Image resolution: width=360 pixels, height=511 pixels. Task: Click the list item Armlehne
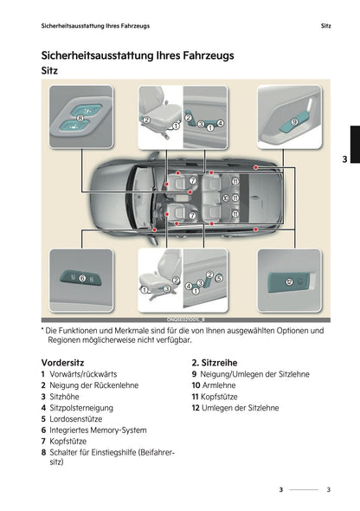point(218,384)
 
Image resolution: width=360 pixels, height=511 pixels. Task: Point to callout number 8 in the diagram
point(80,116)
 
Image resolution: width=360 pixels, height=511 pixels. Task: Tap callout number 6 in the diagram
point(81,279)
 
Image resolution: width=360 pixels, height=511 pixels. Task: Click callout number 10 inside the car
point(226,197)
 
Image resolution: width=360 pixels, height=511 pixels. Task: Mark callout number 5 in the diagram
point(217,277)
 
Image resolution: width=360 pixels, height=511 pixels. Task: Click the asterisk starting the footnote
point(43,330)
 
